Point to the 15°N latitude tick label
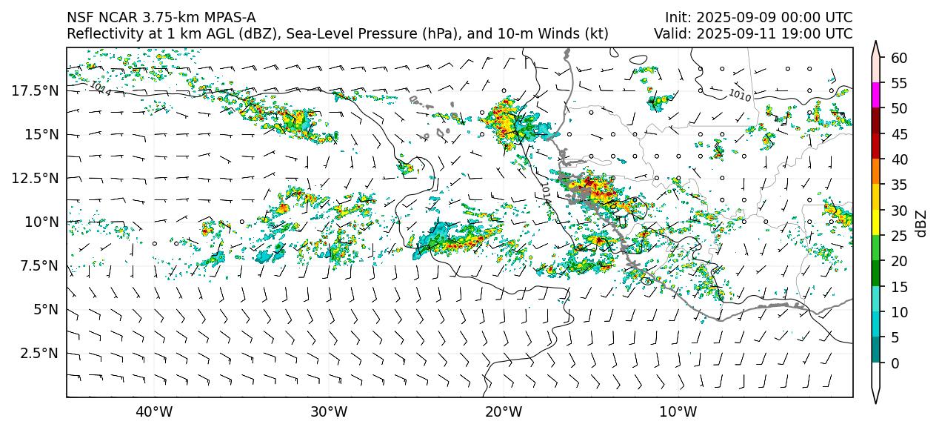coord(41,134)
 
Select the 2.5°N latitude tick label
coord(39,353)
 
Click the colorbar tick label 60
coord(899,58)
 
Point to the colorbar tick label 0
coord(895,363)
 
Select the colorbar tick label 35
coord(899,185)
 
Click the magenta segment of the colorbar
coord(876,96)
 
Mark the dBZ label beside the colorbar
coord(922,222)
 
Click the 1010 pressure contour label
coord(740,95)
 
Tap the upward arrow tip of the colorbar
coord(876,43)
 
